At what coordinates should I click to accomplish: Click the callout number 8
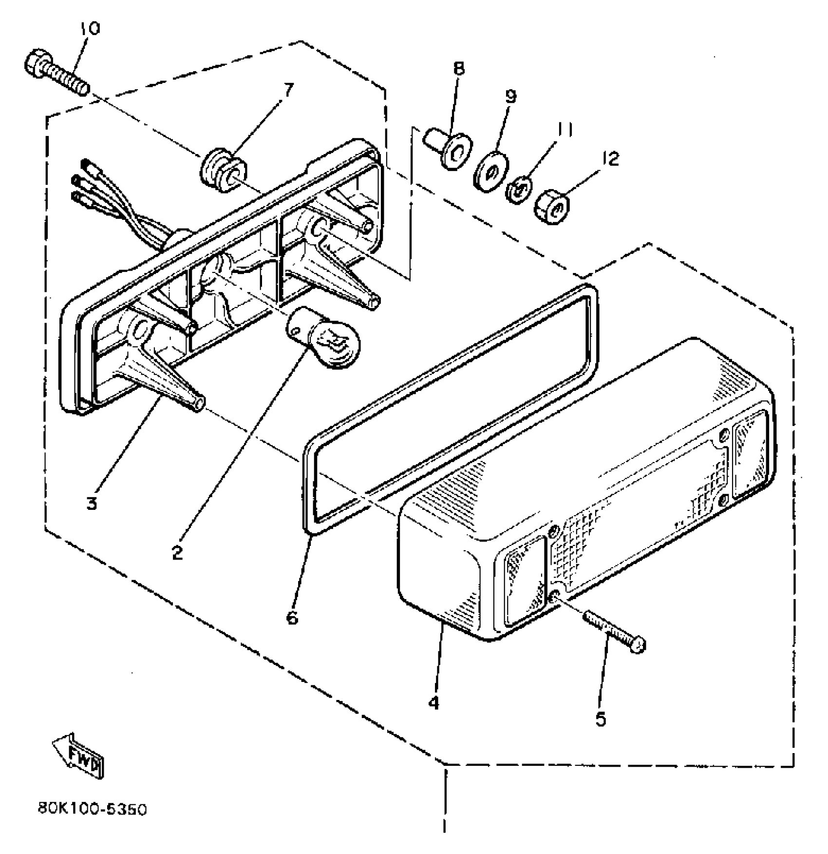(x=459, y=68)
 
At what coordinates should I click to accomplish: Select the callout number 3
(x=92, y=503)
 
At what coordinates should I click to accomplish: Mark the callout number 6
(x=292, y=617)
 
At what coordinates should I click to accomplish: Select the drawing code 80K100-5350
(x=92, y=810)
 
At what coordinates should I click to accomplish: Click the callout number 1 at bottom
(x=444, y=824)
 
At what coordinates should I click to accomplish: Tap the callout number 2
(x=177, y=552)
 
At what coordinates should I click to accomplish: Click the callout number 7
(x=288, y=90)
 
